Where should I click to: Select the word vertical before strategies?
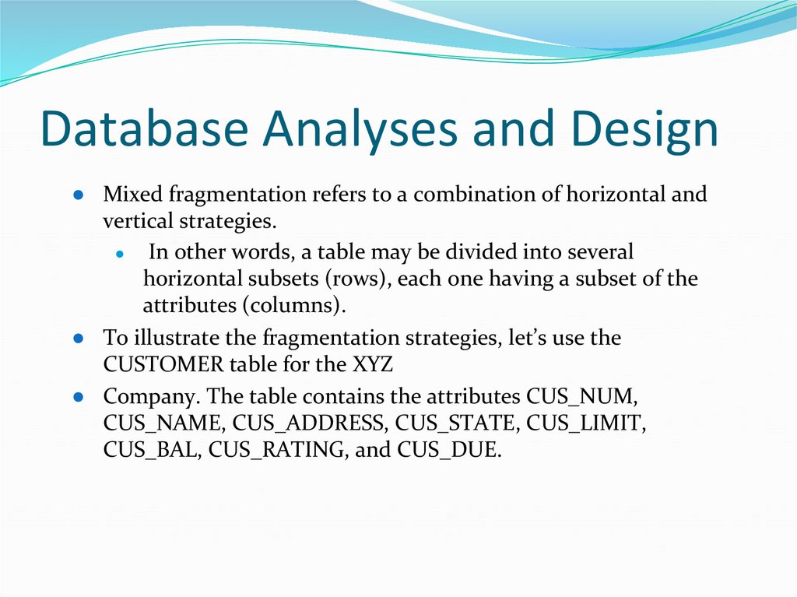(x=137, y=221)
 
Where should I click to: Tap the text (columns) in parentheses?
(x=297, y=305)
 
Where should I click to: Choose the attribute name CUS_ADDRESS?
(x=311, y=424)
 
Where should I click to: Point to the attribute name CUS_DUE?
(x=447, y=451)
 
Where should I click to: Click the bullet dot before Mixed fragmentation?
(x=79, y=195)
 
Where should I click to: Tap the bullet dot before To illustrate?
(x=79, y=339)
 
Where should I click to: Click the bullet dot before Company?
(x=79, y=398)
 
